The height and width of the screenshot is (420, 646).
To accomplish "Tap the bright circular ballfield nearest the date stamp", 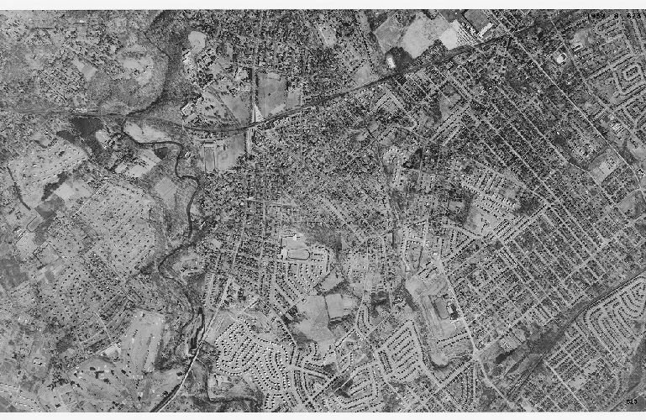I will pyautogui.click(x=559, y=58).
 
